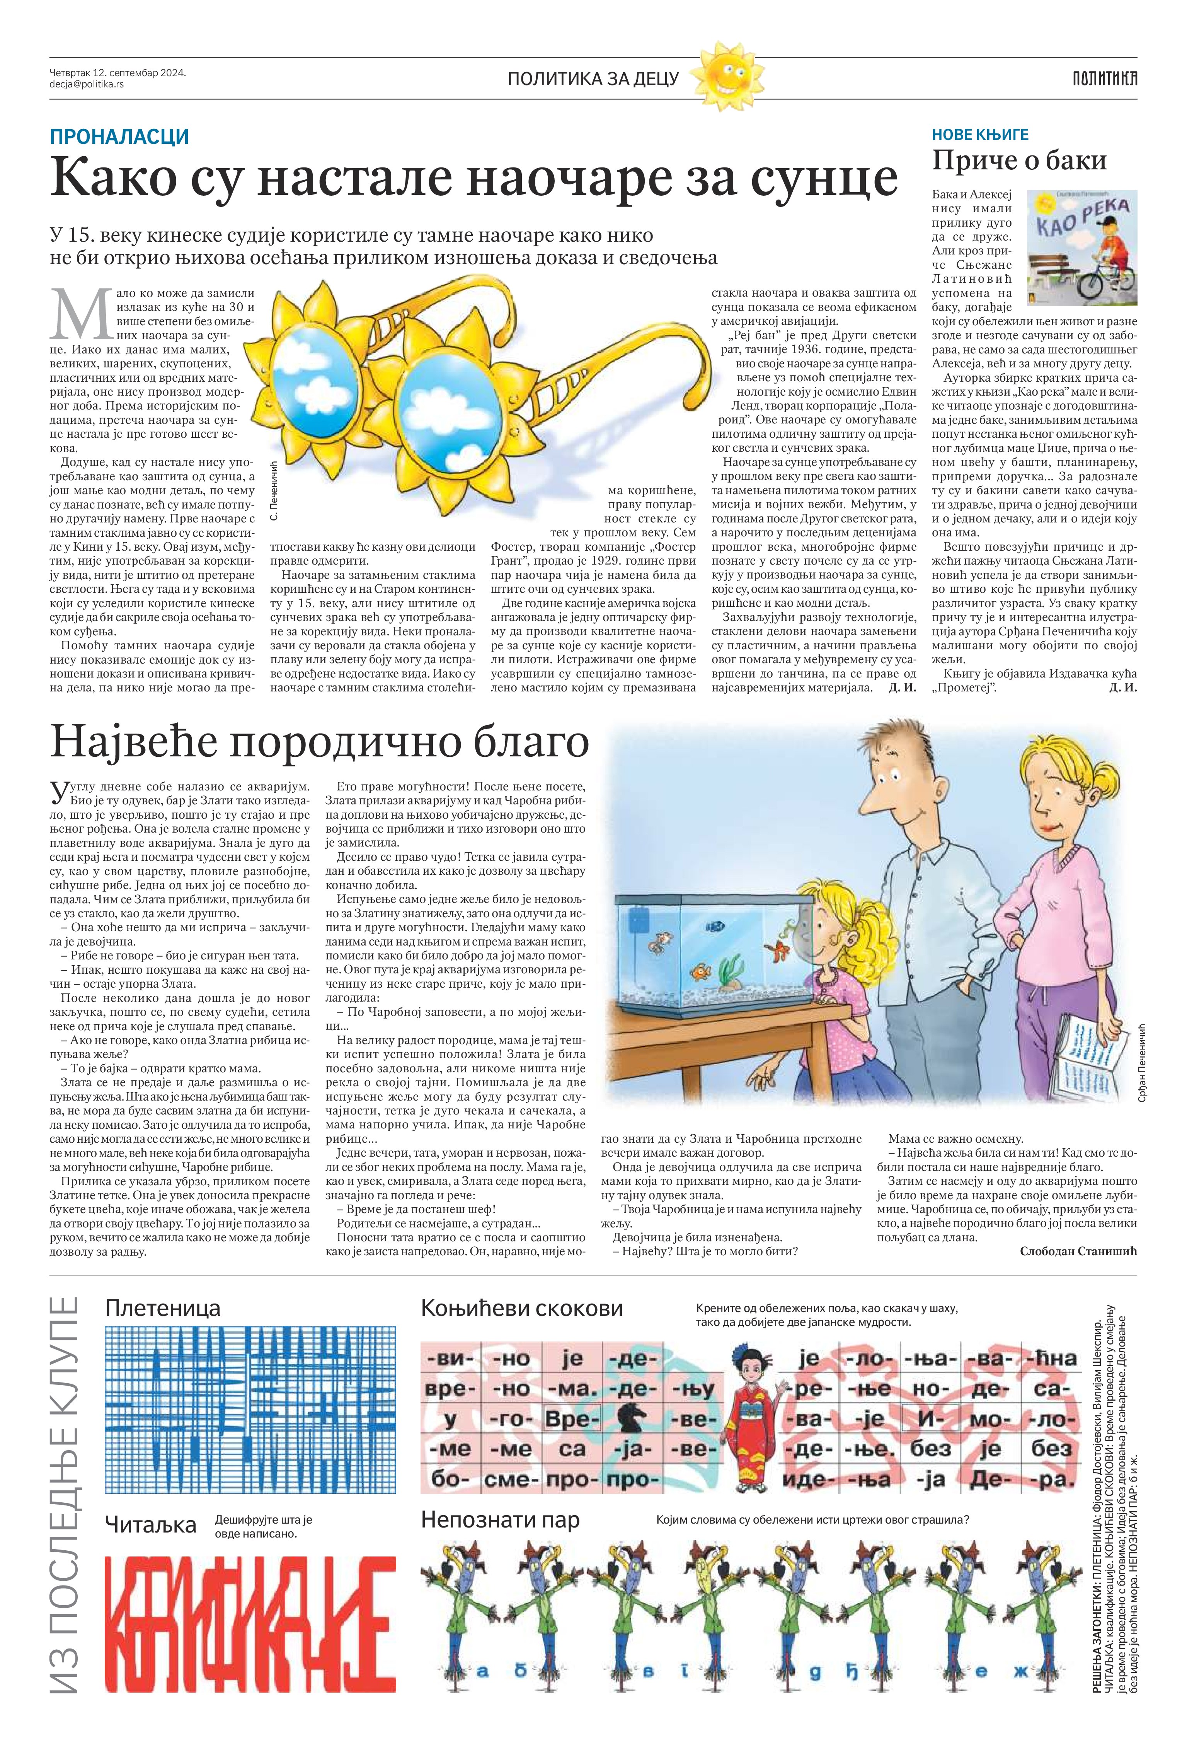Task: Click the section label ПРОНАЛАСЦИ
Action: [x=119, y=137]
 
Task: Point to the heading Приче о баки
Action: [x=1019, y=160]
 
